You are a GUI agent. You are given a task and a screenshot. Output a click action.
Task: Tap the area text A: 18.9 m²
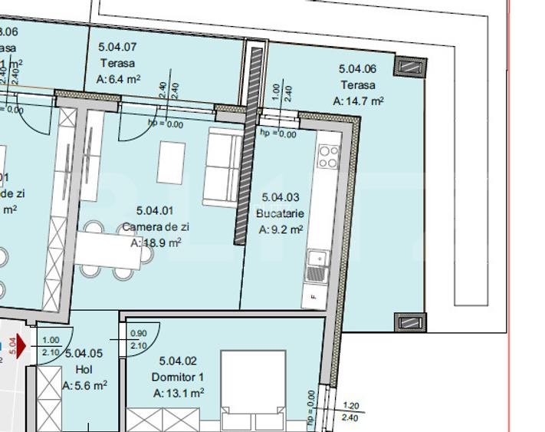(x=156, y=242)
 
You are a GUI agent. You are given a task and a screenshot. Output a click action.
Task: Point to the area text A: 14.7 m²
(x=358, y=100)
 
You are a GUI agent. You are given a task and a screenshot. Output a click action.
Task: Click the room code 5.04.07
(x=118, y=47)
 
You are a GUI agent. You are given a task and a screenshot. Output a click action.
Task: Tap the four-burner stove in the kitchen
(x=329, y=157)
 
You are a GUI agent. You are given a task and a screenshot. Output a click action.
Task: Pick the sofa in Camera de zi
(x=222, y=167)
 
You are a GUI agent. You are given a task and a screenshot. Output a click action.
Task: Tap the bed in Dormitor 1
(x=255, y=387)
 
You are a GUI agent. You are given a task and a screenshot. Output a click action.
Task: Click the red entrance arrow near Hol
(x=21, y=346)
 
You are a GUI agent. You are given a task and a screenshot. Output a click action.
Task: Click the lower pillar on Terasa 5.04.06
(x=409, y=322)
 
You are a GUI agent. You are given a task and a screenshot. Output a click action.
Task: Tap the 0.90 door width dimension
(x=138, y=334)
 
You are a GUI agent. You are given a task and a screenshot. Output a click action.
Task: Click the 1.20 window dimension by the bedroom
(x=350, y=407)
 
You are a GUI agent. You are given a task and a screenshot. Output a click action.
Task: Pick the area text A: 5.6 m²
(x=85, y=386)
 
